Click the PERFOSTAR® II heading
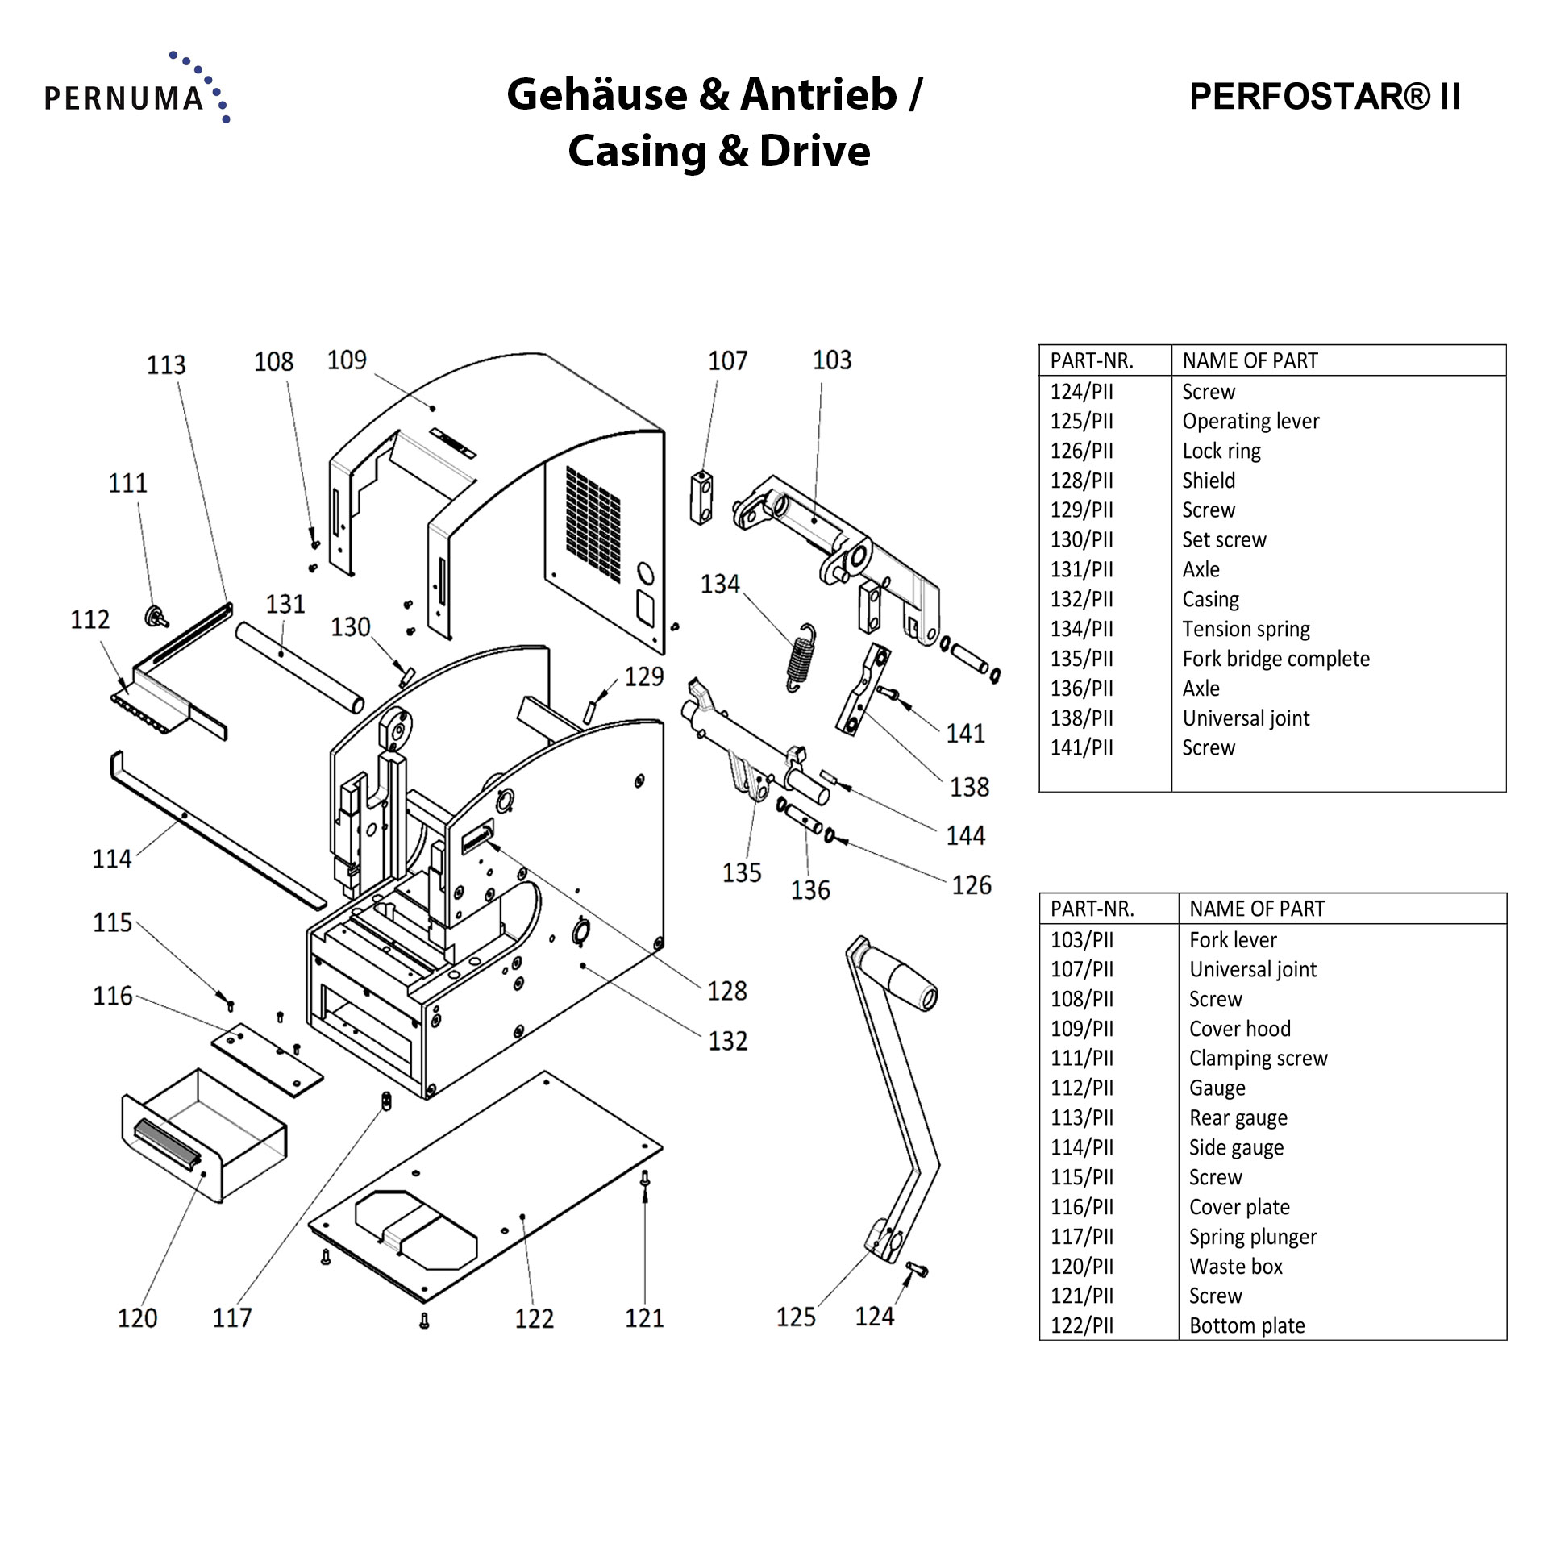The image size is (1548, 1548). click(x=1325, y=97)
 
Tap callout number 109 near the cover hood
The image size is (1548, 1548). click(x=347, y=360)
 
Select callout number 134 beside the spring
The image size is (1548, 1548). click(x=719, y=584)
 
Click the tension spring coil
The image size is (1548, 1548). click(x=800, y=658)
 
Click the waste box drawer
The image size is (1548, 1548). click(x=206, y=1137)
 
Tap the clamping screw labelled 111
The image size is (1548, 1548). click(x=155, y=617)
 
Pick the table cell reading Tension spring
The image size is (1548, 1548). click(x=1246, y=629)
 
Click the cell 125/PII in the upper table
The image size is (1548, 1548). click(x=1081, y=421)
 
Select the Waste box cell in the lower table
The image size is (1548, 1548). click(x=1235, y=1267)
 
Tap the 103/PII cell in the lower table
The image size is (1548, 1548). click(x=1081, y=940)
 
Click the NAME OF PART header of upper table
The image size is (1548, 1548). click(x=1250, y=360)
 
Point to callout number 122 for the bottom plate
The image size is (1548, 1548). click(x=534, y=1319)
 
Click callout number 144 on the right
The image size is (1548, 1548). click(x=965, y=835)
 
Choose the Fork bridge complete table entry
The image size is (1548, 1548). click(x=1275, y=659)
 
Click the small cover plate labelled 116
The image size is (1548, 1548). click(x=268, y=1060)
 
